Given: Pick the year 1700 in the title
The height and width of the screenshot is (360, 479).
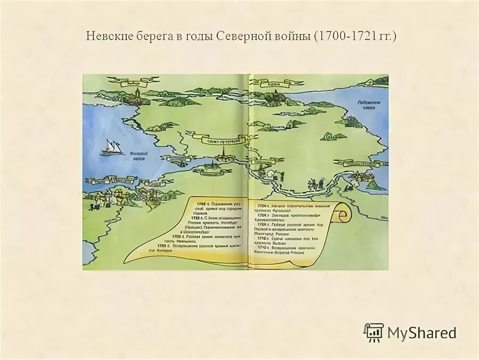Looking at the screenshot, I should click(329, 38).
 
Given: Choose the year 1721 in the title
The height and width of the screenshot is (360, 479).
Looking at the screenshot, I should click(359, 38).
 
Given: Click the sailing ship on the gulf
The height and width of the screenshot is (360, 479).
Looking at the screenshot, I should click(112, 148).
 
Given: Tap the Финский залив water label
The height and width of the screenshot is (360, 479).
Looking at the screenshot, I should click(139, 155).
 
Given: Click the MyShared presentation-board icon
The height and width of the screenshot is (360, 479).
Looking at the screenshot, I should click(374, 332).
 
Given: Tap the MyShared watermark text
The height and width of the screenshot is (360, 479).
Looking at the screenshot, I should click(422, 333).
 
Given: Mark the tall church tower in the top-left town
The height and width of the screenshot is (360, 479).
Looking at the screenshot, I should click(137, 95).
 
